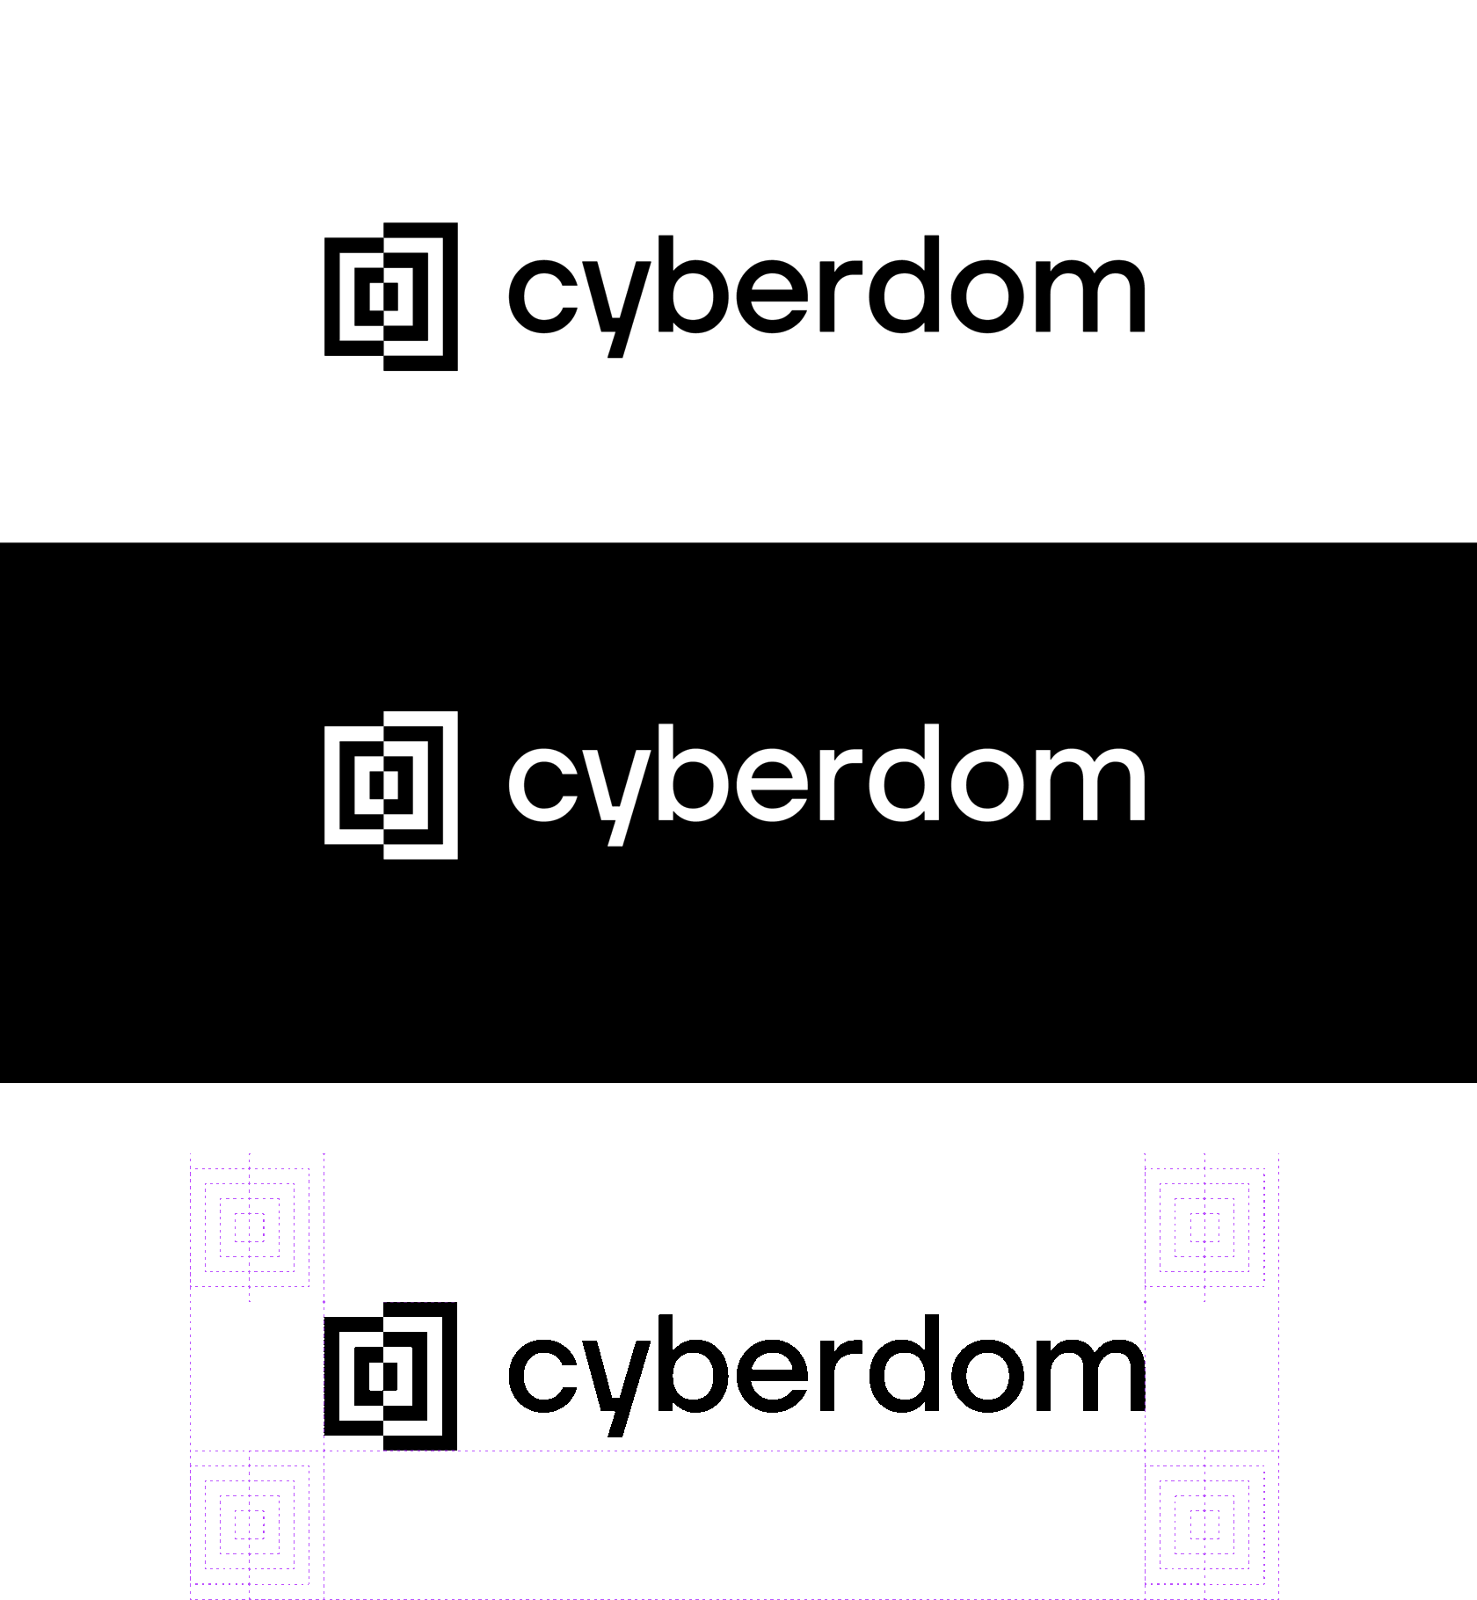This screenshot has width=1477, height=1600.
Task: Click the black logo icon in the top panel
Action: tap(391, 296)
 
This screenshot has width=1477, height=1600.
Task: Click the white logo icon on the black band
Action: tap(391, 785)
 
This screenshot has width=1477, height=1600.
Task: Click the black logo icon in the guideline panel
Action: tap(391, 1376)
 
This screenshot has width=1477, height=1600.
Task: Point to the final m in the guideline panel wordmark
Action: tap(1090, 1376)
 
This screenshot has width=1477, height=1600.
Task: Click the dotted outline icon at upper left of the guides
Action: tap(250, 1227)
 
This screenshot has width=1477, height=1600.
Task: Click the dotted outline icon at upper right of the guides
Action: tap(1204, 1227)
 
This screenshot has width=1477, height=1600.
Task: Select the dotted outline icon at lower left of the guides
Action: tap(250, 1524)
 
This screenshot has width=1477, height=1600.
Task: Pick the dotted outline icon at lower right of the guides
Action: tap(1204, 1524)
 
